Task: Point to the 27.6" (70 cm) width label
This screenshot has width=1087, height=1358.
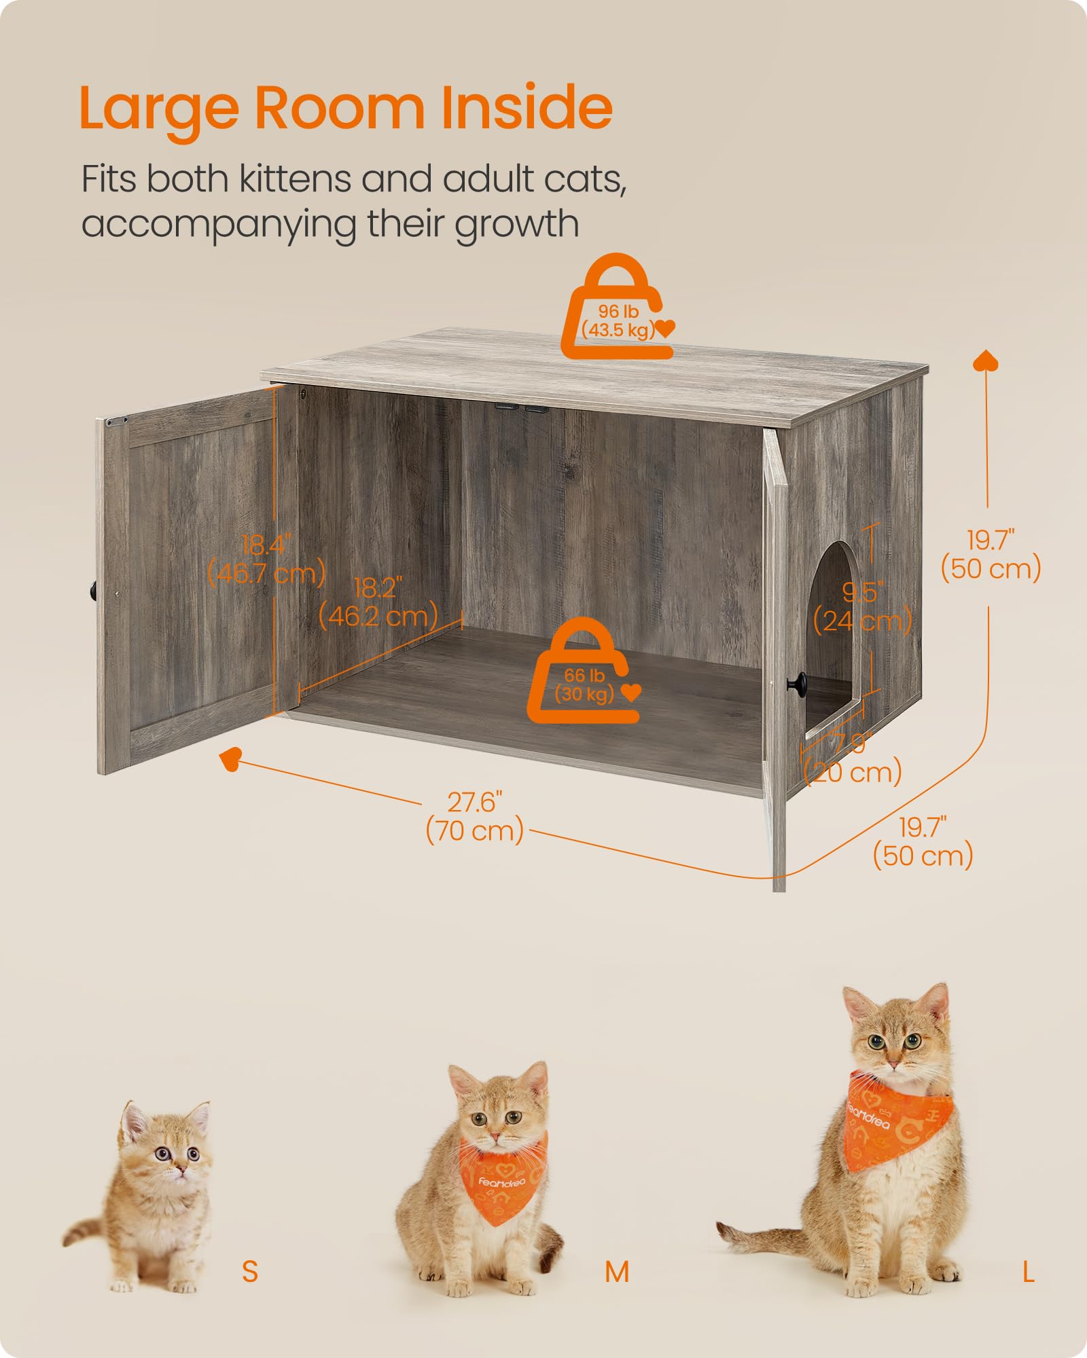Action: [x=474, y=817]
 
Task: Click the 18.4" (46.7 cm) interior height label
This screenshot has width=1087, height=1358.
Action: [x=266, y=559]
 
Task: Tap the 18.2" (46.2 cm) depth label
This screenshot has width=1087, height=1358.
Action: [x=378, y=602]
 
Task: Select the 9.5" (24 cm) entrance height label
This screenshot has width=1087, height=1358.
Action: [x=863, y=607]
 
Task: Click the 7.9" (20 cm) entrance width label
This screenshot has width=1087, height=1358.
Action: [x=853, y=759]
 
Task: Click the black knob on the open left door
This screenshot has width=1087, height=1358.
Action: [x=92, y=590]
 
